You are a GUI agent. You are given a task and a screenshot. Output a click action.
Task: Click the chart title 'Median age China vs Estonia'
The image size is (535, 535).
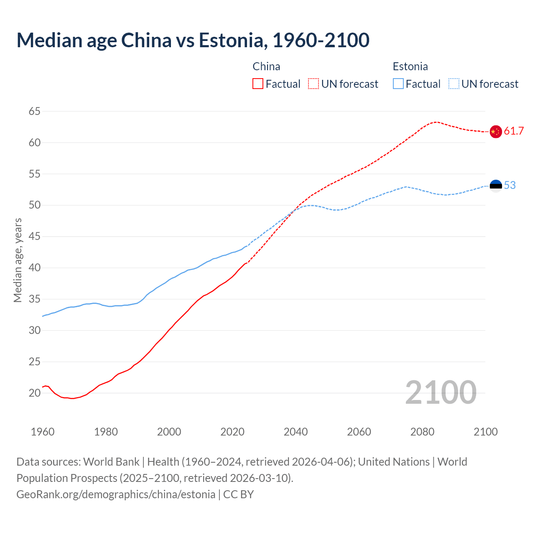(x=193, y=40)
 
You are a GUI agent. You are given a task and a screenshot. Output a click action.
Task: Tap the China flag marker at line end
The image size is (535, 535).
(x=495, y=131)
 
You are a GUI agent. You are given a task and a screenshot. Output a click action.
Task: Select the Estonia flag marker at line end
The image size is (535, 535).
(x=495, y=186)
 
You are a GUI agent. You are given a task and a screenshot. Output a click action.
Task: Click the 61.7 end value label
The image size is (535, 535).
(x=514, y=131)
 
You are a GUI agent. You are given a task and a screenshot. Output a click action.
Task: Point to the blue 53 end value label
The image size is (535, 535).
(x=510, y=186)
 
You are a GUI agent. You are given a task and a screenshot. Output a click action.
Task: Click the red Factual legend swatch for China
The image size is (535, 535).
(x=258, y=84)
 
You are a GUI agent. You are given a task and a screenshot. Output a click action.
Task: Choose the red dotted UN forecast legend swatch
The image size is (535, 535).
(x=313, y=84)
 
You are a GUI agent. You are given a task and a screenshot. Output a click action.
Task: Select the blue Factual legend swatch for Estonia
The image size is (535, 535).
(x=398, y=84)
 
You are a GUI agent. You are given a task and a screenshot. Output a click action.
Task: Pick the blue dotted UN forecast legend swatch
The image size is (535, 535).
(x=453, y=84)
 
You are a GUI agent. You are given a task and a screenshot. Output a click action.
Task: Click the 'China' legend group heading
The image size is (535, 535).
(x=266, y=66)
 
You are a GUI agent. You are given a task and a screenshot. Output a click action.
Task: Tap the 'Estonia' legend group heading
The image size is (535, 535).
(x=410, y=66)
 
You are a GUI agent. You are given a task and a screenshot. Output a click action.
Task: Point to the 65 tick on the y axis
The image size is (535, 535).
(x=35, y=111)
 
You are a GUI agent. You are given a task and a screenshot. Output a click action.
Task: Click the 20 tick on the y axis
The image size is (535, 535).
(x=35, y=393)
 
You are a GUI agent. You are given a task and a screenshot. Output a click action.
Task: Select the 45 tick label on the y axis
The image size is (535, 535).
(x=35, y=237)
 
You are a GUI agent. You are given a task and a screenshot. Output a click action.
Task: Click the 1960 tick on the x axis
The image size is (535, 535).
(x=43, y=432)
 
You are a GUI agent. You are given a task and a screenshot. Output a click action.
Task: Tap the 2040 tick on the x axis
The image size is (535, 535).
(x=296, y=432)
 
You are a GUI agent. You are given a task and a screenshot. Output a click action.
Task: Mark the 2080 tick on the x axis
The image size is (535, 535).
(x=422, y=432)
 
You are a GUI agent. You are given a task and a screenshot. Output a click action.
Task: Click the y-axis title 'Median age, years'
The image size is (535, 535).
(x=18, y=260)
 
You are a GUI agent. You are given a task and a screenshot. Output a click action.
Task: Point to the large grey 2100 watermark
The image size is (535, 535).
(x=441, y=392)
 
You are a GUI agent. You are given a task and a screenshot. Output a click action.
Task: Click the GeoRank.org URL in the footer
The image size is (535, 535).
(x=116, y=494)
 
